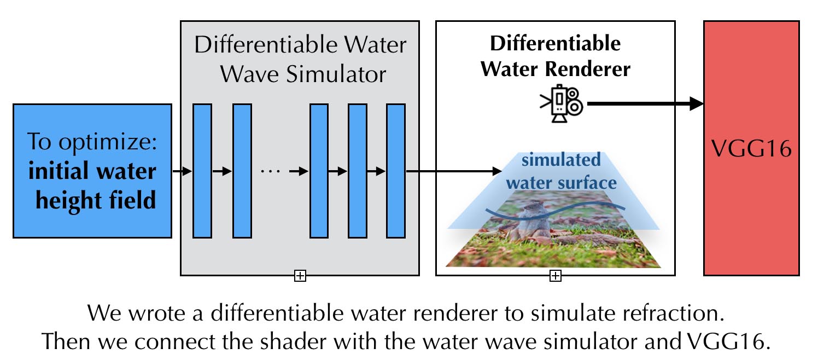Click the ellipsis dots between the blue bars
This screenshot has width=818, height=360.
click(x=270, y=171)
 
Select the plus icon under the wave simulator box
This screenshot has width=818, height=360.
click(x=300, y=276)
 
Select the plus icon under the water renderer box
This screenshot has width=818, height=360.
click(x=555, y=276)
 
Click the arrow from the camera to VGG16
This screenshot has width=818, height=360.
click(x=645, y=103)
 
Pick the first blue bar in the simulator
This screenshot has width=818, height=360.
click(x=202, y=171)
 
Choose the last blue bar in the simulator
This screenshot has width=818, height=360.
click(x=395, y=171)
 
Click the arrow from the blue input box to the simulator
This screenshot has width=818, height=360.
click(x=182, y=171)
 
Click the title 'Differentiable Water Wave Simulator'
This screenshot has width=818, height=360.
click(x=300, y=59)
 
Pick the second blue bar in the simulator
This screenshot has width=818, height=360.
click(x=242, y=171)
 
